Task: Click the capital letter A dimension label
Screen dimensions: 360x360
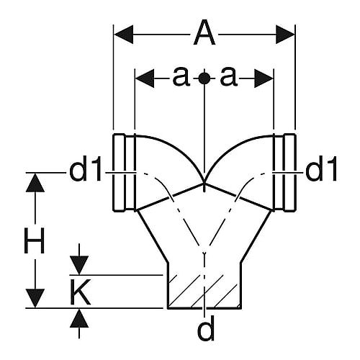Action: tap(204, 32)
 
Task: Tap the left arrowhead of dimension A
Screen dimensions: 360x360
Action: tap(124, 35)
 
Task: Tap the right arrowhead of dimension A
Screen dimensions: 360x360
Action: tap(285, 35)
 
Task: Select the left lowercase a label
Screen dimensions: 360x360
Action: tap(181, 76)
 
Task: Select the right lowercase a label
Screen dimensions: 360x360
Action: tap(229, 76)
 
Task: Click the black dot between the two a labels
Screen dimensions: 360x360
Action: tap(204, 78)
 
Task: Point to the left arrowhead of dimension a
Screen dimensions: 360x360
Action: tap(145, 78)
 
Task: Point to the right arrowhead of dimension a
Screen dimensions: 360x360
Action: tap(264, 78)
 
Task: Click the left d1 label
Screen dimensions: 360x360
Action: tap(85, 168)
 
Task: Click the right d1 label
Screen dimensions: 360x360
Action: tap(321, 168)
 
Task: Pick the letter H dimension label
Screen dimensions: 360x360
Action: tap(35, 240)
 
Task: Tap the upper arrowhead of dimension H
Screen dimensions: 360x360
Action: tap(35, 182)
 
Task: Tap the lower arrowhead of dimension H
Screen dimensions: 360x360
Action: tap(35, 298)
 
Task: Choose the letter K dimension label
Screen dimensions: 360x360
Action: tap(81, 292)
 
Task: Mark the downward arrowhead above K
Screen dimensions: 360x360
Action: tap(79, 266)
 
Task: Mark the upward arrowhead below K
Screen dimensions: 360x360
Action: tap(79, 318)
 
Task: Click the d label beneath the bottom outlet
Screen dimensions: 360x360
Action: tap(206, 327)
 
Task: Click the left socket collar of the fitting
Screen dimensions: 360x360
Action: tap(125, 173)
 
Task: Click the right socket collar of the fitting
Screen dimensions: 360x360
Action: tap(284, 173)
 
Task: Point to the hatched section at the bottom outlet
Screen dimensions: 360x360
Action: tap(204, 292)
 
